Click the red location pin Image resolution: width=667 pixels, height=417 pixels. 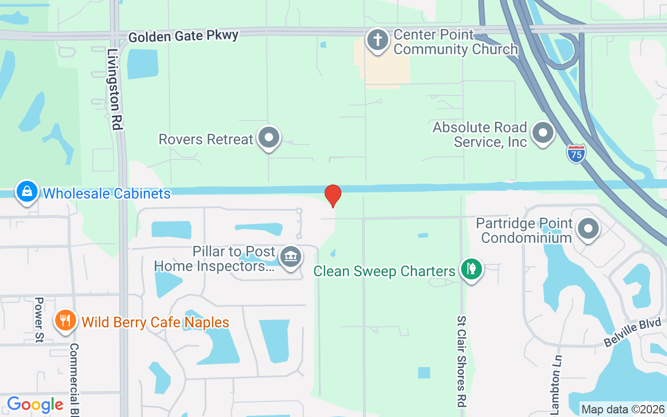(333, 195)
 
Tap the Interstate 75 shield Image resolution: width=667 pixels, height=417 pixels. (576, 153)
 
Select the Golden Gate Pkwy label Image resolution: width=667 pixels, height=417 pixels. (183, 36)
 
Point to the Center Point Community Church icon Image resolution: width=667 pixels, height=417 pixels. (377, 40)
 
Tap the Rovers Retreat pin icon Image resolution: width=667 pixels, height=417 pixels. (269, 138)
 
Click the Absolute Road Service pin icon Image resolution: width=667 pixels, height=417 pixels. (543, 133)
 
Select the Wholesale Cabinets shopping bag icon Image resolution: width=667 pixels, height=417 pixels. (27, 192)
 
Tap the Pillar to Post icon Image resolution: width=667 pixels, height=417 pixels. (290, 257)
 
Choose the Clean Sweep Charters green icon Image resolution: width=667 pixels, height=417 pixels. (472, 269)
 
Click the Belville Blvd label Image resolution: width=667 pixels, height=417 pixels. (632, 333)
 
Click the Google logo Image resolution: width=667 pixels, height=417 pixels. (35, 404)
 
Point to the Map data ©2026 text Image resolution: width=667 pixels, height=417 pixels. (623, 409)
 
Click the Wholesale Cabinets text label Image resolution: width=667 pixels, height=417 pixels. (107, 194)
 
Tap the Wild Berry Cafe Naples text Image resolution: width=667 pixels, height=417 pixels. (155, 322)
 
